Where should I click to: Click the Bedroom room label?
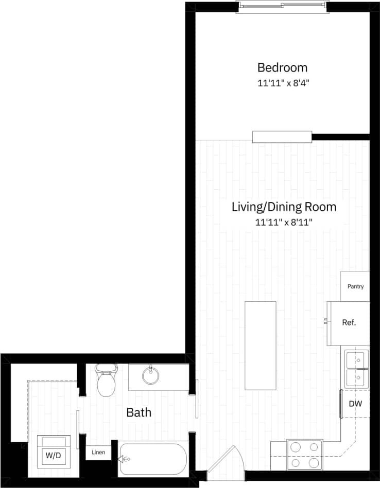click(x=282, y=67)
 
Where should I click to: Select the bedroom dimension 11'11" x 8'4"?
click(x=282, y=82)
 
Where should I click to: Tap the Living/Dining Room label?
click(x=284, y=207)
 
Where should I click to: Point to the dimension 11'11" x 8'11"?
click(x=284, y=222)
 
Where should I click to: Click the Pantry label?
click(x=355, y=286)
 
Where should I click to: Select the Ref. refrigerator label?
click(x=349, y=323)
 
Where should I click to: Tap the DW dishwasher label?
click(x=355, y=404)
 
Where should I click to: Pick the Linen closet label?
click(x=98, y=452)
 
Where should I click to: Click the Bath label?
click(x=139, y=412)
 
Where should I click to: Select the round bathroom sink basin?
click(x=151, y=375)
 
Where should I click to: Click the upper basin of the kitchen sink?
click(x=356, y=359)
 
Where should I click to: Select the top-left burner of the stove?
click(x=296, y=447)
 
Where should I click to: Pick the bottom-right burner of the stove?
click(x=313, y=463)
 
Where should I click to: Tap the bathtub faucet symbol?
click(x=125, y=459)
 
